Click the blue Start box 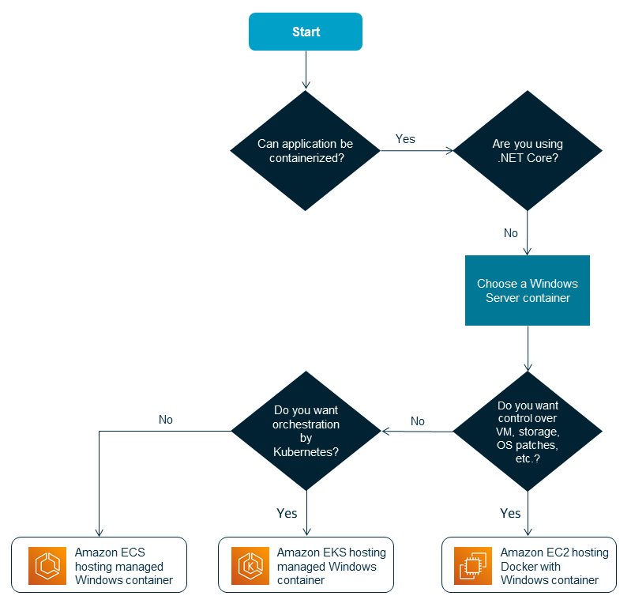pyautogui.click(x=306, y=32)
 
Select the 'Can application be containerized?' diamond pyautogui.click(x=306, y=150)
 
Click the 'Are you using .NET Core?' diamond pyautogui.click(x=527, y=150)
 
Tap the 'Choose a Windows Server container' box pyautogui.click(x=527, y=290)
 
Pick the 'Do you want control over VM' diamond pyautogui.click(x=527, y=432)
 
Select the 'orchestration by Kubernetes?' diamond pyautogui.click(x=306, y=432)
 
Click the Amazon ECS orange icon pyautogui.click(x=47, y=565)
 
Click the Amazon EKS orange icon pyautogui.click(x=252, y=565)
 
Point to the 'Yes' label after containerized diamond pyautogui.click(x=405, y=139)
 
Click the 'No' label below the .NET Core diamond pyautogui.click(x=511, y=233)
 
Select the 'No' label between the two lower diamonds pyautogui.click(x=418, y=421)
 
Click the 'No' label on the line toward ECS pyautogui.click(x=165, y=420)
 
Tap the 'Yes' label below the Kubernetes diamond pyautogui.click(x=287, y=513)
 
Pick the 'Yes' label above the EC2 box pyautogui.click(x=510, y=513)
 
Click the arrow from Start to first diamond pyautogui.click(x=306, y=70)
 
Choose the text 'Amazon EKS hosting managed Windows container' pyautogui.click(x=331, y=566)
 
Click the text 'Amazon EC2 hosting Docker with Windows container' pyautogui.click(x=554, y=566)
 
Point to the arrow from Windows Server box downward pyautogui.click(x=527, y=348)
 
